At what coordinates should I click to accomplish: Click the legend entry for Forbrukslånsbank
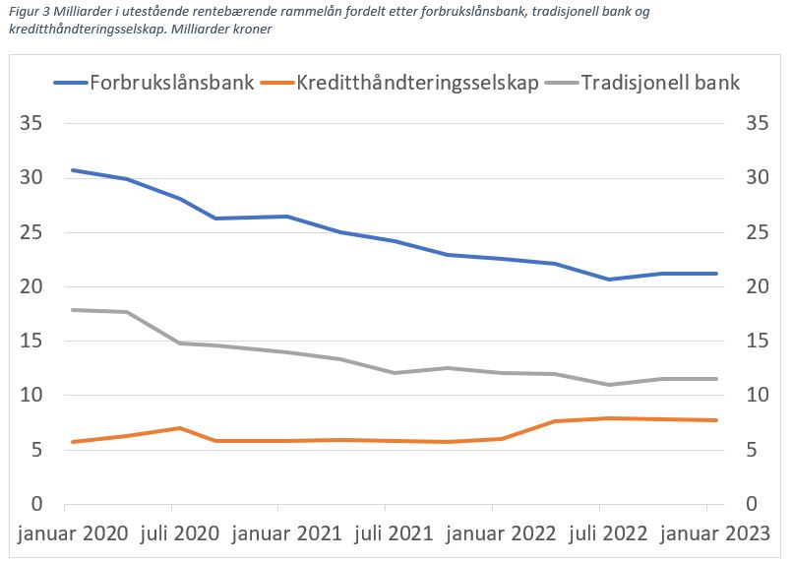[172, 83]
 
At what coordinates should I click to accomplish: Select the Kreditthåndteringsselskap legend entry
[417, 83]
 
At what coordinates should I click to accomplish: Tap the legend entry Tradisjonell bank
[660, 83]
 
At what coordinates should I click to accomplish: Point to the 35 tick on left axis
[33, 124]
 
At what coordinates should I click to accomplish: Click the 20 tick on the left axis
[33, 287]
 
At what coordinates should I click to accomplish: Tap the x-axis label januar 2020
[72, 534]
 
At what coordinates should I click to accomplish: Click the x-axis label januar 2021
[286, 534]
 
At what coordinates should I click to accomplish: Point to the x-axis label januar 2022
[501, 534]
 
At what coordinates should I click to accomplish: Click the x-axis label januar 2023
[715, 534]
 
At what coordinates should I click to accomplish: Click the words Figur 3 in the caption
[27, 12]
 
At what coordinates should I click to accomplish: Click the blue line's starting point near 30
[72, 170]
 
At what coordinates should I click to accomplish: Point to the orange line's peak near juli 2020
[179, 428]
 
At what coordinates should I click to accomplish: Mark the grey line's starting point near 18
[72, 310]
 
